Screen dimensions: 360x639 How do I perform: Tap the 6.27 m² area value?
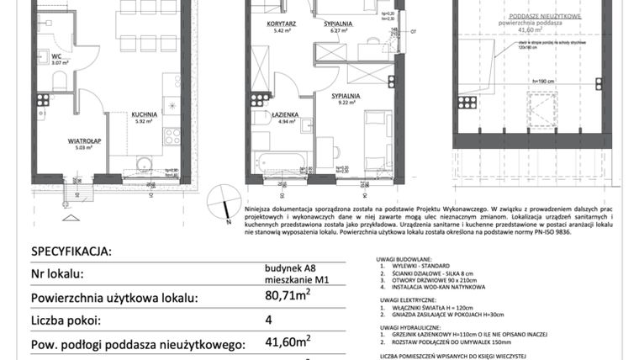coord(338,31)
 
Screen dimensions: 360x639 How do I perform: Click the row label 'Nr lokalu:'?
coord(56,274)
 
